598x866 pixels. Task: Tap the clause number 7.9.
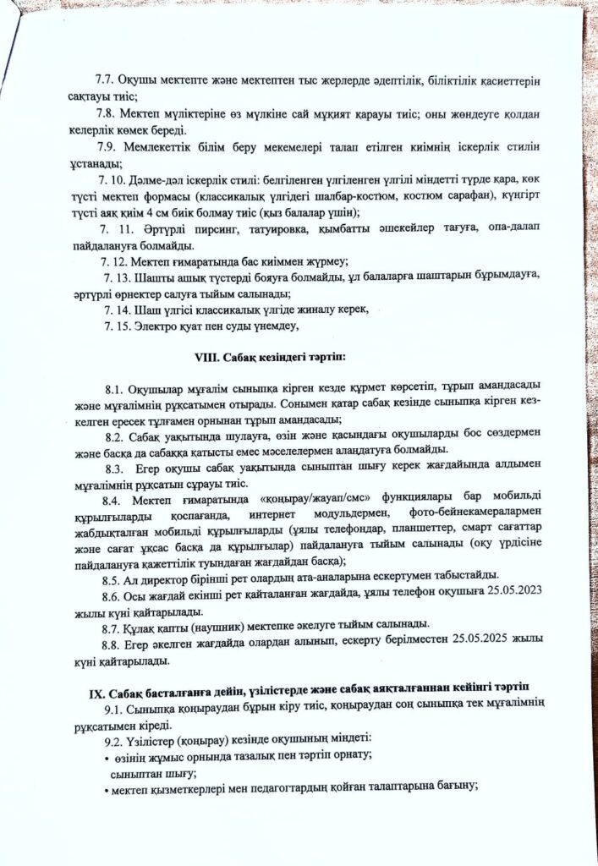[x=111, y=146]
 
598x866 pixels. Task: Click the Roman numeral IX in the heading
[x=96, y=693]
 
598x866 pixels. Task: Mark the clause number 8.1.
[x=115, y=390]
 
